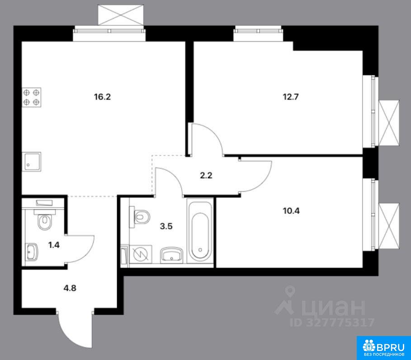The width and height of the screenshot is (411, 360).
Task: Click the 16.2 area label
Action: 103,97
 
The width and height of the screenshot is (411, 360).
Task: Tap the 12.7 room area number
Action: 291,97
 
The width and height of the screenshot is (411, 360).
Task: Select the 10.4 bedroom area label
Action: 291,211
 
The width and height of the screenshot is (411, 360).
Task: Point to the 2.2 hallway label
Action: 206,175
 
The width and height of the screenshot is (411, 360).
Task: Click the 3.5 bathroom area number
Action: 166,226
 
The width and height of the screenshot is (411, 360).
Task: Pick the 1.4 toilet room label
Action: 54,245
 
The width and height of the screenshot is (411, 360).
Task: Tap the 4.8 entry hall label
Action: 70,288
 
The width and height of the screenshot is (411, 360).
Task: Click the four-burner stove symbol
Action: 32,97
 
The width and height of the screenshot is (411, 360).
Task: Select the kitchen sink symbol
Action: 32,161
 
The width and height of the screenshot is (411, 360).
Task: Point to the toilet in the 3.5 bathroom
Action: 139,217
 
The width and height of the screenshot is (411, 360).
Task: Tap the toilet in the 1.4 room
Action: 45,220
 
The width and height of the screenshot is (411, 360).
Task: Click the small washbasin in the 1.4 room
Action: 32,252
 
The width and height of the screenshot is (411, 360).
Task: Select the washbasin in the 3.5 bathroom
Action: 171,255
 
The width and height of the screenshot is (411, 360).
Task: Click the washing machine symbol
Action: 141,254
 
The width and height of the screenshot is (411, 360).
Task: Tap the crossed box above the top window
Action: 121,15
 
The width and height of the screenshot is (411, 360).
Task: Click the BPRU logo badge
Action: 384,348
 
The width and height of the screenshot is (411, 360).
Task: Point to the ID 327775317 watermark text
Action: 332,322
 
